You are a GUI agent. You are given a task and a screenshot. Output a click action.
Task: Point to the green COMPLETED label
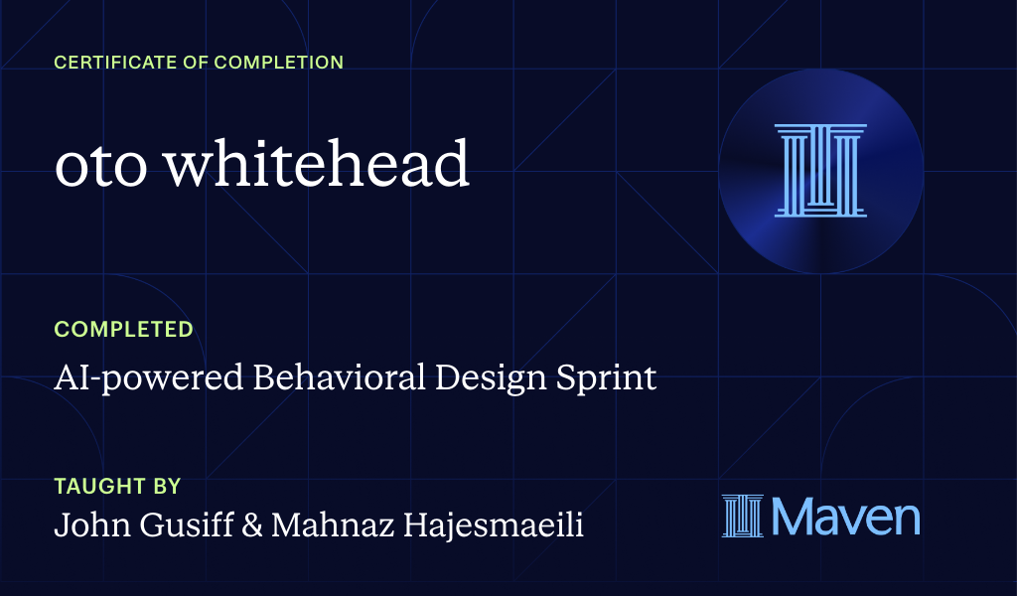[123, 329]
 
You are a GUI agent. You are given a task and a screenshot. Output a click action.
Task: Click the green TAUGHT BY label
[117, 487]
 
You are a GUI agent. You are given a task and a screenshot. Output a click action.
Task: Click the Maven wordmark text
[845, 517]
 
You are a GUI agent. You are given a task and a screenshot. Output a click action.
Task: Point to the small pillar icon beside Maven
[743, 517]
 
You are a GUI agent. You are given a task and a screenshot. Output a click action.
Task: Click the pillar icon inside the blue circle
[820, 170]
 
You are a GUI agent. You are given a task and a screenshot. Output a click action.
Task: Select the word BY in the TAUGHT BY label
[167, 487]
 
